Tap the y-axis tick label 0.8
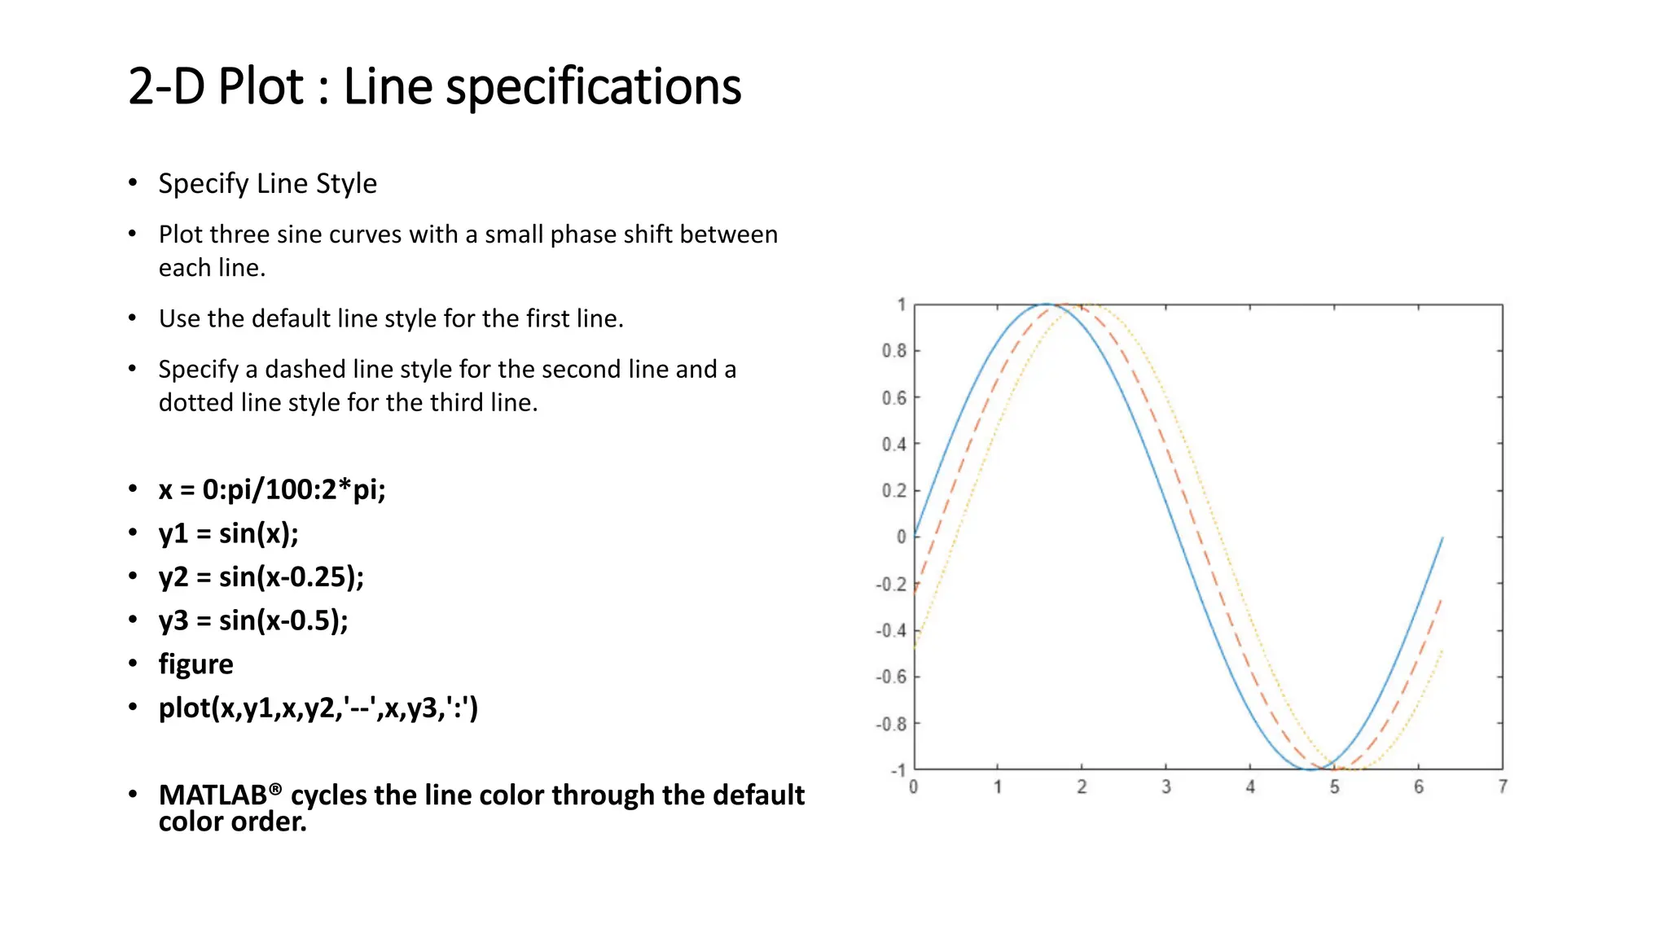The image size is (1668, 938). pyautogui.click(x=893, y=351)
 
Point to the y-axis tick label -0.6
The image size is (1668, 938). pyautogui.click(x=891, y=677)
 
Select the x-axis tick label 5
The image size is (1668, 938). pyautogui.click(x=1334, y=787)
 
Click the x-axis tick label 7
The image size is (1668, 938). pyautogui.click(x=1503, y=787)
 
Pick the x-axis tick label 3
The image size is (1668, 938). pyautogui.click(x=1165, y=787)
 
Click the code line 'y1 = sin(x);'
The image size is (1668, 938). pyautogui.click(x=228, y=533)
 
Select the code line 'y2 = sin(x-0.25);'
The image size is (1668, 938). pyautogui.click(x=261, y=576)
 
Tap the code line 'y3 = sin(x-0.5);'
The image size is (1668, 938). pyautogui.click(x=253, y=620)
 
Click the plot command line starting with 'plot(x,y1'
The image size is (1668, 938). pyautogui.click(x=318, y=708)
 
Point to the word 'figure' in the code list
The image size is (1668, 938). pyautogui.click(x=195, y=664)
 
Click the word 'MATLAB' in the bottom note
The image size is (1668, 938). pyautogui.click(x=213, y=795)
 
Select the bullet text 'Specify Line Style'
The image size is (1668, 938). pyautogui.click(x=267, y=184)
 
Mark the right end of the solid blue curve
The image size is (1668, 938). pyautogui.click(x=1442, y=537)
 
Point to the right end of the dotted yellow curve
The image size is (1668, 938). pyautogui.click(x=1442, y=651)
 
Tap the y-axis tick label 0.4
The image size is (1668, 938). pyautogui.click(x=893, y=445)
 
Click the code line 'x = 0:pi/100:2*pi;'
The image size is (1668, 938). pyautogui.click(x=272, y=489)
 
